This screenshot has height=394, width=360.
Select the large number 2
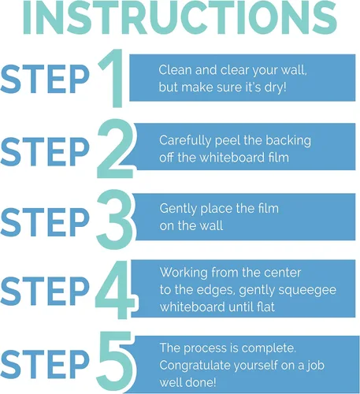(115, 148)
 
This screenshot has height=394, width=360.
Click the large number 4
(116, 289)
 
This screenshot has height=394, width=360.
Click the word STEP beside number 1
(45, 79)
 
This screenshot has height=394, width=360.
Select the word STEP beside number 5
(45, 365)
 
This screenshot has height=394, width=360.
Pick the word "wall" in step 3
(212, 226)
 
